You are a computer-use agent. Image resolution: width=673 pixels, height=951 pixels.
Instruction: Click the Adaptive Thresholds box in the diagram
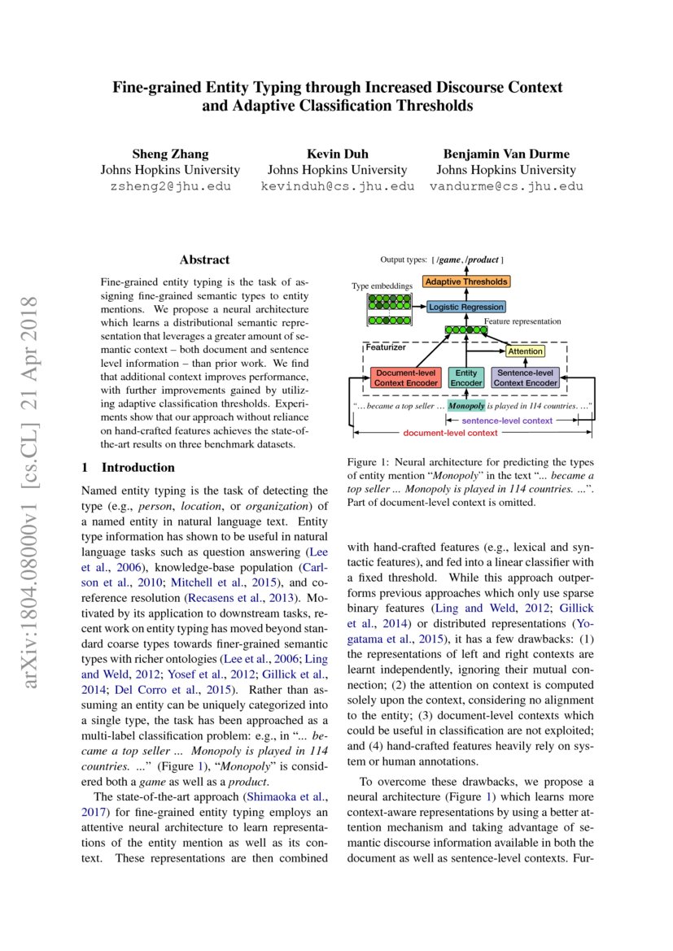pos(465,281)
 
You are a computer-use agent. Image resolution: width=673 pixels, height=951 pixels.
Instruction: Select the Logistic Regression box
pos(466,307)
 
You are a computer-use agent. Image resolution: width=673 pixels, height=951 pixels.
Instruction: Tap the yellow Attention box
pos(524,351)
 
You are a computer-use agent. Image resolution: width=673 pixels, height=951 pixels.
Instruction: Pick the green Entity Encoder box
pos(466,377)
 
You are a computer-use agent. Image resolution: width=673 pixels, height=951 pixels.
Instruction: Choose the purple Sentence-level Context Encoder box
pos(526,377)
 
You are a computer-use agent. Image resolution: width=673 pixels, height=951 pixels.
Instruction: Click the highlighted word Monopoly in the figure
pos(467,404)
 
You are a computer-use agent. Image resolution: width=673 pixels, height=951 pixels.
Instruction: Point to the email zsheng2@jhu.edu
pos(170,186)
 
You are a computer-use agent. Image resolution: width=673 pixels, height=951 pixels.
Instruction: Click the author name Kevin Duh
pos(337,154)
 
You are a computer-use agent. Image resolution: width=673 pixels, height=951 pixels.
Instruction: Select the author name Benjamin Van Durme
pos(506,154)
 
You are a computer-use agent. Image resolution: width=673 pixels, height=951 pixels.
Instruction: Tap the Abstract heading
pos(204,260)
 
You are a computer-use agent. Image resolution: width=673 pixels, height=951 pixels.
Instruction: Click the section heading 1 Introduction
pos(129,468)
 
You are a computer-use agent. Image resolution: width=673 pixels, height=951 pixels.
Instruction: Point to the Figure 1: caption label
pos(369,461)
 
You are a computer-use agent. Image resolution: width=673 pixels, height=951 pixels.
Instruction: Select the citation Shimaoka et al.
pos(291,796)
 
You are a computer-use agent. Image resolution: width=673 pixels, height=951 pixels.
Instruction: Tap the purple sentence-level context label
pos(507,421)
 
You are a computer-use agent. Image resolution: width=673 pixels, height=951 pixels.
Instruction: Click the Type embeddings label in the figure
pos(382,286)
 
